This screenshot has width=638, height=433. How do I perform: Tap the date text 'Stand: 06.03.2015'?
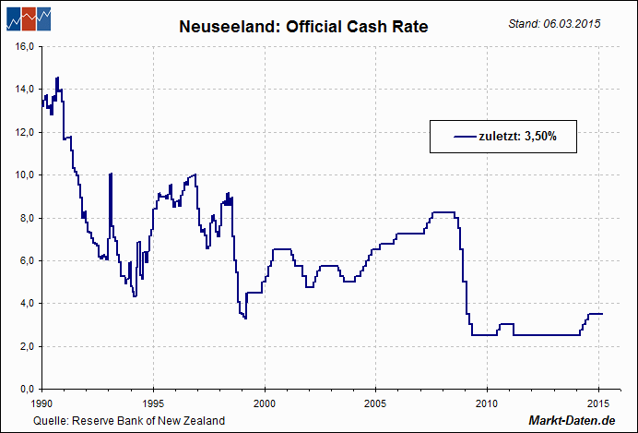tap(554, 23)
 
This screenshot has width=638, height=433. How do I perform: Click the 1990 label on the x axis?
tap(41, 403)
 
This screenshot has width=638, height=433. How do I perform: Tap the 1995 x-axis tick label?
tap(153, 403)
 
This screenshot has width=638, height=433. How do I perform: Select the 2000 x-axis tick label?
tap(265, 403)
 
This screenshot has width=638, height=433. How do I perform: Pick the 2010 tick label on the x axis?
tap(487, 403)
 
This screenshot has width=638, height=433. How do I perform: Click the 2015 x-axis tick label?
tap(598, 403)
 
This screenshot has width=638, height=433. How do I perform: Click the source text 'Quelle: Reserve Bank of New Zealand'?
tap(129, 421)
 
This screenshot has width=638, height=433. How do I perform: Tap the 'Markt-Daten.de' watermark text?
tap(572, 421)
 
